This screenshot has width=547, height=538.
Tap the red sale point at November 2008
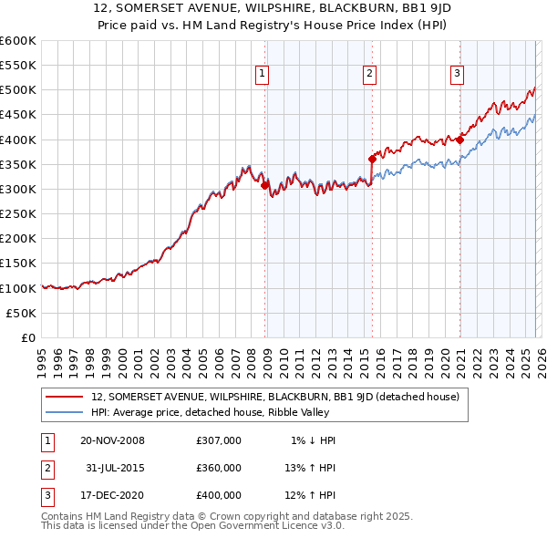click(264, 186)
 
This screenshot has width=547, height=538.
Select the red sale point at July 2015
click(372, 160)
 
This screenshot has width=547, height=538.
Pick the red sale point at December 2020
click(460, 140)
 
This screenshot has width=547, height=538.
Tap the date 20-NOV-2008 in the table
click(112, 440)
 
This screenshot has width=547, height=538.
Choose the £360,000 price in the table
click(219, 467)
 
